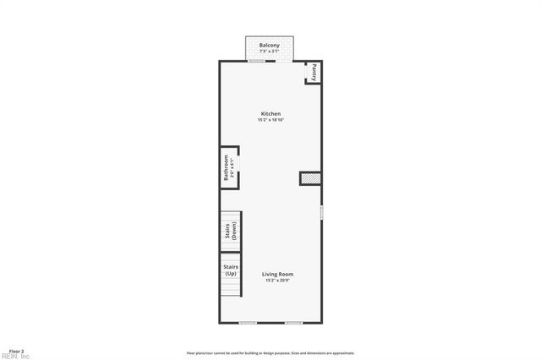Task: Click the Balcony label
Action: (270, 45)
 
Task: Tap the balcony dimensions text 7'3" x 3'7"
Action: (270, 52)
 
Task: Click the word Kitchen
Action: (270, 114)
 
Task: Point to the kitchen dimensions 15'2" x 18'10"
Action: (270, 120)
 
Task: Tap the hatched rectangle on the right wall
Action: (310, 178)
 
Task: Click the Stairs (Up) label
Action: (230, 270)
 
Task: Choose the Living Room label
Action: (277, 274)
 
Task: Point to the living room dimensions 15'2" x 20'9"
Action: (277, 280)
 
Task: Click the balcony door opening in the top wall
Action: (257, 61)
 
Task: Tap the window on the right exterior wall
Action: (322, 212)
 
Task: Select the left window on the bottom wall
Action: (248, 323)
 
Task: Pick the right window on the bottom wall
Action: (293, 323)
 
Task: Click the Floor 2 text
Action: (16, 350)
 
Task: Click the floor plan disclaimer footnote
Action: (270, 353)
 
